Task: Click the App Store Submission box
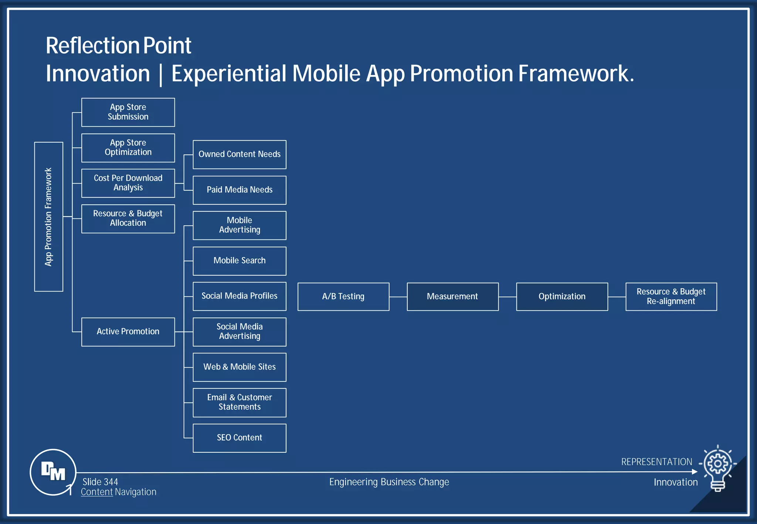[x=128, y=112]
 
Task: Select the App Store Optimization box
[x=128, y=148]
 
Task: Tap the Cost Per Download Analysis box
[x=128, y=183]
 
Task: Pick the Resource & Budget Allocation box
[x=128, y=218]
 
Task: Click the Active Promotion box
[x=128, y=331]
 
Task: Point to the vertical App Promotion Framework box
[x=48, y=217]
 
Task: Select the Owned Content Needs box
[x=239, y=154]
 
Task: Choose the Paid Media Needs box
[x=239, y=190]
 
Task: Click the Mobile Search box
[x=239, y=261]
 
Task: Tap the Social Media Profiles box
[x=239, y=296]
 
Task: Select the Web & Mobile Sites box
[x=239, y=367]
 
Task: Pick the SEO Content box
[x=239, y=438]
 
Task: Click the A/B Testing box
[x=343, y=296]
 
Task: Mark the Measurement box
[x=452, y=296]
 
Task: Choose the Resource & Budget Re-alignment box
[x=671, y=296]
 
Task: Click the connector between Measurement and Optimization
[x=507, y=297]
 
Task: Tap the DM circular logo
[x=53, y=472]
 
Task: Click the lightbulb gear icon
[x=717, y=467]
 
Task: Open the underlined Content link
[x=97, y=492]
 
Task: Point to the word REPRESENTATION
[x=656, y=462]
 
